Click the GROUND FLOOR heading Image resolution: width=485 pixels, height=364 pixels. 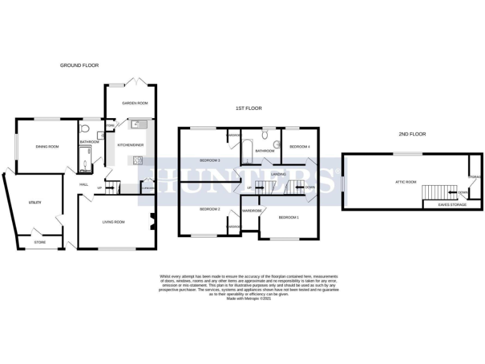pos(79,65)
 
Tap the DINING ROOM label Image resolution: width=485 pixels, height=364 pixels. pos(47,147)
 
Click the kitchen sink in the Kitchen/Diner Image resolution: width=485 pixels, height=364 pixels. pos(138,123)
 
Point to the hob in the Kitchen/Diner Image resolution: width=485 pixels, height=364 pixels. pos(136,159)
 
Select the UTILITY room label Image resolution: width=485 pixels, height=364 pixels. pos(35,202)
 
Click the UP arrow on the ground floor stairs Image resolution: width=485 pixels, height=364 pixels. pos(99,187)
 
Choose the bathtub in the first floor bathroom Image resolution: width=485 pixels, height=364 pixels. pos(247,150)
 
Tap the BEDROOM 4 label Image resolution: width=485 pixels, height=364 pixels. pos(299,147)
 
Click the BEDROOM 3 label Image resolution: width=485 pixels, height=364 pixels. pos(210,160)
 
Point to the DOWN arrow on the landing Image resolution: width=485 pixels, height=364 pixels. pos(309,188)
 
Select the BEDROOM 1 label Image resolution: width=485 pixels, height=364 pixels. pos(289,217)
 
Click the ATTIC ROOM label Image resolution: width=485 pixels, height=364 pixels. pos(406,182)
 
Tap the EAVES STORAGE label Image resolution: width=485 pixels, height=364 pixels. pos(449,205)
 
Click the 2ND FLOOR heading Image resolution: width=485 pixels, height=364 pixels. pos(412,134)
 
